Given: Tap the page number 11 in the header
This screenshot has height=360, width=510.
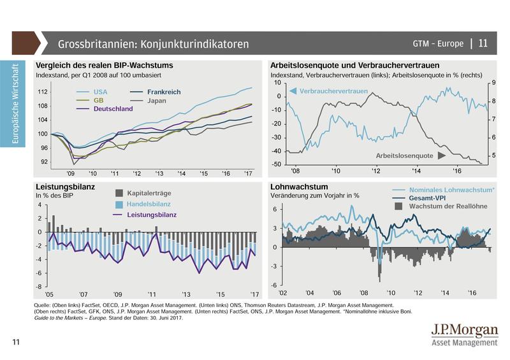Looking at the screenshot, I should pyautogui.click(x=483, y=43).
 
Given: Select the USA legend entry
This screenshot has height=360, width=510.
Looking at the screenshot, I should pyautogui.click(x=100, y=92).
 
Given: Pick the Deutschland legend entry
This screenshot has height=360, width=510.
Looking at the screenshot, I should pyautogui.click(x=113, y=109).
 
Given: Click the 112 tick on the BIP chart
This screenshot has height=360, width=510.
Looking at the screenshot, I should pyautogui.click(x=43, y=92).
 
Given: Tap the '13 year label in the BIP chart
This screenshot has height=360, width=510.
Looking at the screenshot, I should pyautogui.click(x=159, y=173).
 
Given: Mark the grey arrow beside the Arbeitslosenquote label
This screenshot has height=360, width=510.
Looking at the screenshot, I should pyautogui.click(x=440, y=155).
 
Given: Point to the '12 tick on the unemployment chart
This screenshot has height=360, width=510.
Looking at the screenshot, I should pyautogui.click(x=375, y=171).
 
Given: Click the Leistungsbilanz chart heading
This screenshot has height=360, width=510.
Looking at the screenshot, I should pyautogui.click(x=66, y=187).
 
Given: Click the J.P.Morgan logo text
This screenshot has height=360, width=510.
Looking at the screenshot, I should pyautogui.click(x=464, y=331).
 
